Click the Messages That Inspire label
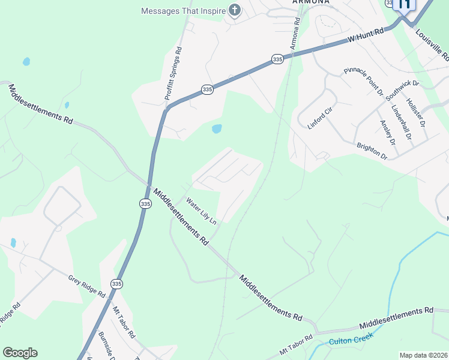tap(183, 11)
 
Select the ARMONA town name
tap(311, 2)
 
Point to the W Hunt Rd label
tap(366, 36)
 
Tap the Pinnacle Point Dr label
tap(364, 81)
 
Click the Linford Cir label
tap(319, 115)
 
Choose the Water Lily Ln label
tap(200, 211)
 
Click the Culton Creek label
tap(351, 338)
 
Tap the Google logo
tap(20, 353)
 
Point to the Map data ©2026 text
tap(424, 355)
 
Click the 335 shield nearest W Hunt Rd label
tap(277, 60)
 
